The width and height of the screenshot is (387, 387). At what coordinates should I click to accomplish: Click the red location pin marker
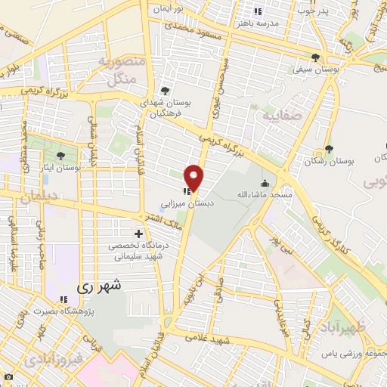[195, 178]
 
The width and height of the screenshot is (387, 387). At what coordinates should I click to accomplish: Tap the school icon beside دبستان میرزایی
[184, 191]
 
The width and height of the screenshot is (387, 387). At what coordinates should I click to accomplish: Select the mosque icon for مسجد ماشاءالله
[264, 183]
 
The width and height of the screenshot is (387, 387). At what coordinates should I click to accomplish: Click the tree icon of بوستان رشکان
[328, 149]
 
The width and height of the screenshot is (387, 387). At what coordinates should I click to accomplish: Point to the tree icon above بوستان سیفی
[315, 58]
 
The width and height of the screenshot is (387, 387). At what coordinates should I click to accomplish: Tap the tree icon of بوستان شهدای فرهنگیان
[165, 91]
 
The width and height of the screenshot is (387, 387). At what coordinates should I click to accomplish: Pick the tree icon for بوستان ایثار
[60, 157]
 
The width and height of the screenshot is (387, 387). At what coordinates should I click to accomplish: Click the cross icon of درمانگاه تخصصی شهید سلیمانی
[138, 234]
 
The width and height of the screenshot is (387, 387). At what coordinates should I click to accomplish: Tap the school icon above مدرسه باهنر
[258, 11]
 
